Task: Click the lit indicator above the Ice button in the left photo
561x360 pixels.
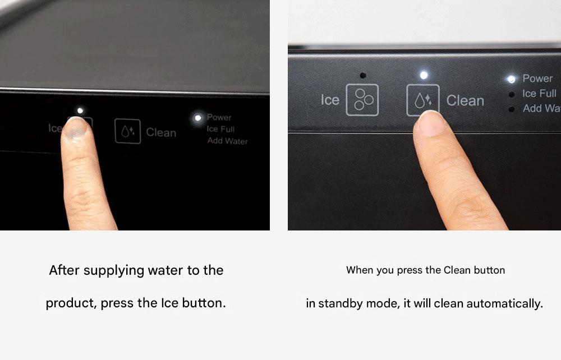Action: (80, 111)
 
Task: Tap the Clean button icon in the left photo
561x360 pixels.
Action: (127, 131)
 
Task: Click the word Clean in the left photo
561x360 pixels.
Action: (161, 133)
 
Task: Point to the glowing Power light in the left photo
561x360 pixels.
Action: (197, 118)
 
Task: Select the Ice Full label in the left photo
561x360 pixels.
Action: (220, 129)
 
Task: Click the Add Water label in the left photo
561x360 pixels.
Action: (228, 141)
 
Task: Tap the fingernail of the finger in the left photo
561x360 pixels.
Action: (75, 128)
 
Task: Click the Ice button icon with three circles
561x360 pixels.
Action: (362, 100)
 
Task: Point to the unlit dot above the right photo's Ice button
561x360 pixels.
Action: (363, 76)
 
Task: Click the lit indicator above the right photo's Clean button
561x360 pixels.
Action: (424, 75)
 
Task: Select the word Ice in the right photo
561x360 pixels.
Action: (330, 100)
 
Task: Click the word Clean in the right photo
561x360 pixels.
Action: (465, 101)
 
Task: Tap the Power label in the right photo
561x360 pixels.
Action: (537, 79)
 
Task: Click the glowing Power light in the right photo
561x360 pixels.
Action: (512, 79)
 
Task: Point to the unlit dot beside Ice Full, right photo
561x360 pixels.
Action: (512, 94)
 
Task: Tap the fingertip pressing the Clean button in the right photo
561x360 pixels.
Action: (431, 123)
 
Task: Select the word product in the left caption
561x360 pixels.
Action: (71, 303)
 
